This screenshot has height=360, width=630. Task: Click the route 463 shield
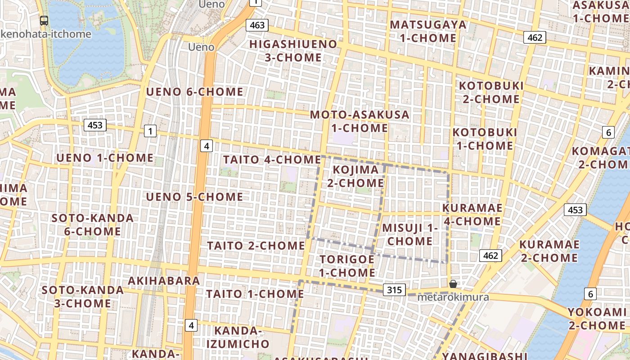click(x=257, y=25)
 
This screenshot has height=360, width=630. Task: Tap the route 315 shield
click(x=394, y=290)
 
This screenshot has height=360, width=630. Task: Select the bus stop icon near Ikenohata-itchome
click(x=44, y=20)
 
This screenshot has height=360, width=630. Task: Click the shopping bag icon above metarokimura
click(x=453, y=284)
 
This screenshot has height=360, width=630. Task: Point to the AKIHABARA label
click(x=164, y=281)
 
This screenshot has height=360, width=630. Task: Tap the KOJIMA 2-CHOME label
click(x=355, y=176)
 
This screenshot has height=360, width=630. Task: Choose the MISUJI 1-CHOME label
click(x=410, y=234)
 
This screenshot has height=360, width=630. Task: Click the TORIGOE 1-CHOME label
click(x=347, y=266)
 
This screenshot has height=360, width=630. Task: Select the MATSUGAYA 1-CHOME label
click(x=428, y=31)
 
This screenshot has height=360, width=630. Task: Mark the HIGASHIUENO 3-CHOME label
click(x=293, y=51)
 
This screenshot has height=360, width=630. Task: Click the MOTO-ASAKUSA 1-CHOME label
click(x=360, y=121)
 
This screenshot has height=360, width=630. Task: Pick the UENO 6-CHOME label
click(x=195, y=92)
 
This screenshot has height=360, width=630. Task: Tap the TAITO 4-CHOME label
click(x=272, y=160)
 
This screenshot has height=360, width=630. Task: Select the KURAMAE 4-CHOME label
click(x=472, y=215)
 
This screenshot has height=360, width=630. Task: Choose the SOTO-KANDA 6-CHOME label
click(x=93, y=225)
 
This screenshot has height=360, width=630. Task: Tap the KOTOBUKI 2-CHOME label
click(x=491, y=92)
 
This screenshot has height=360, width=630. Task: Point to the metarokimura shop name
click(x=453, y=297)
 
